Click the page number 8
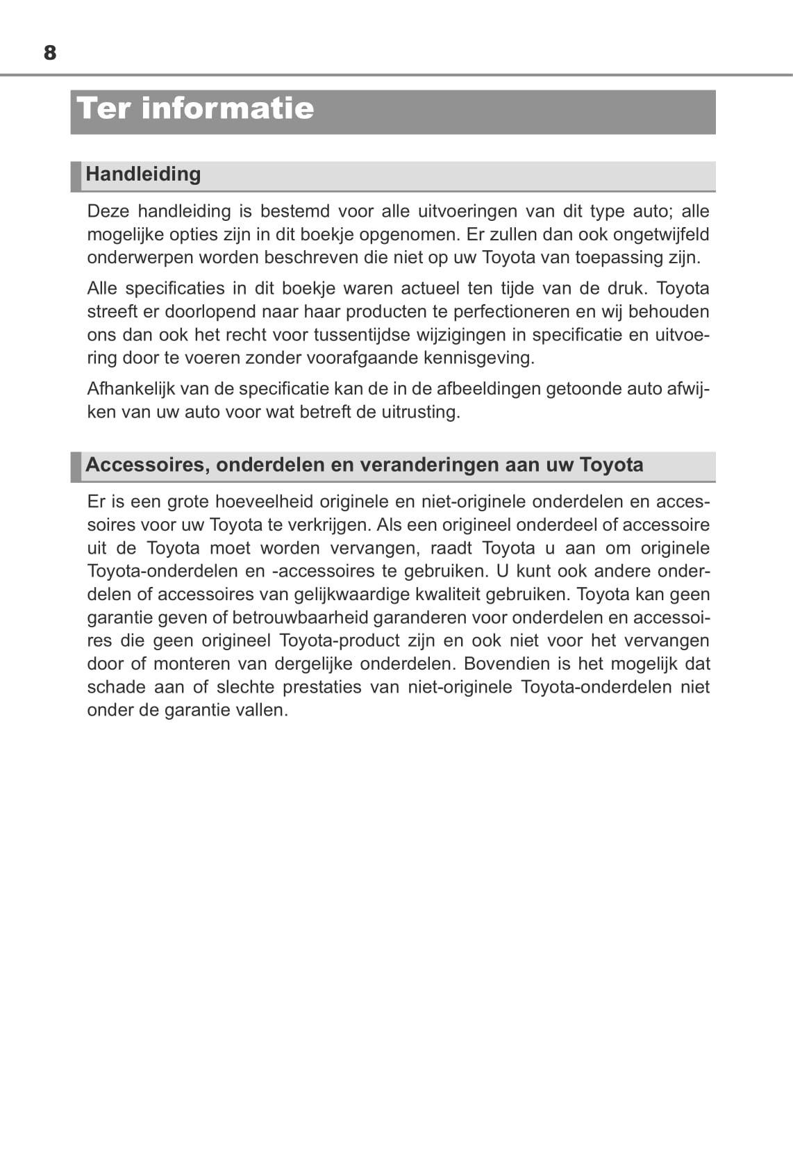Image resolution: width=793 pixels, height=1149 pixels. point(50,53)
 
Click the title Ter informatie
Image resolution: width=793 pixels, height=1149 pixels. point(195,108)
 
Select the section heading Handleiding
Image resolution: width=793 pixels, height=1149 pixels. point(143,174)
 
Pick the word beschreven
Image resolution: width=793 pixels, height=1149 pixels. point(309,258)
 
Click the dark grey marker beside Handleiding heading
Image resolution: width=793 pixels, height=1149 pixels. point(76,176)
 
